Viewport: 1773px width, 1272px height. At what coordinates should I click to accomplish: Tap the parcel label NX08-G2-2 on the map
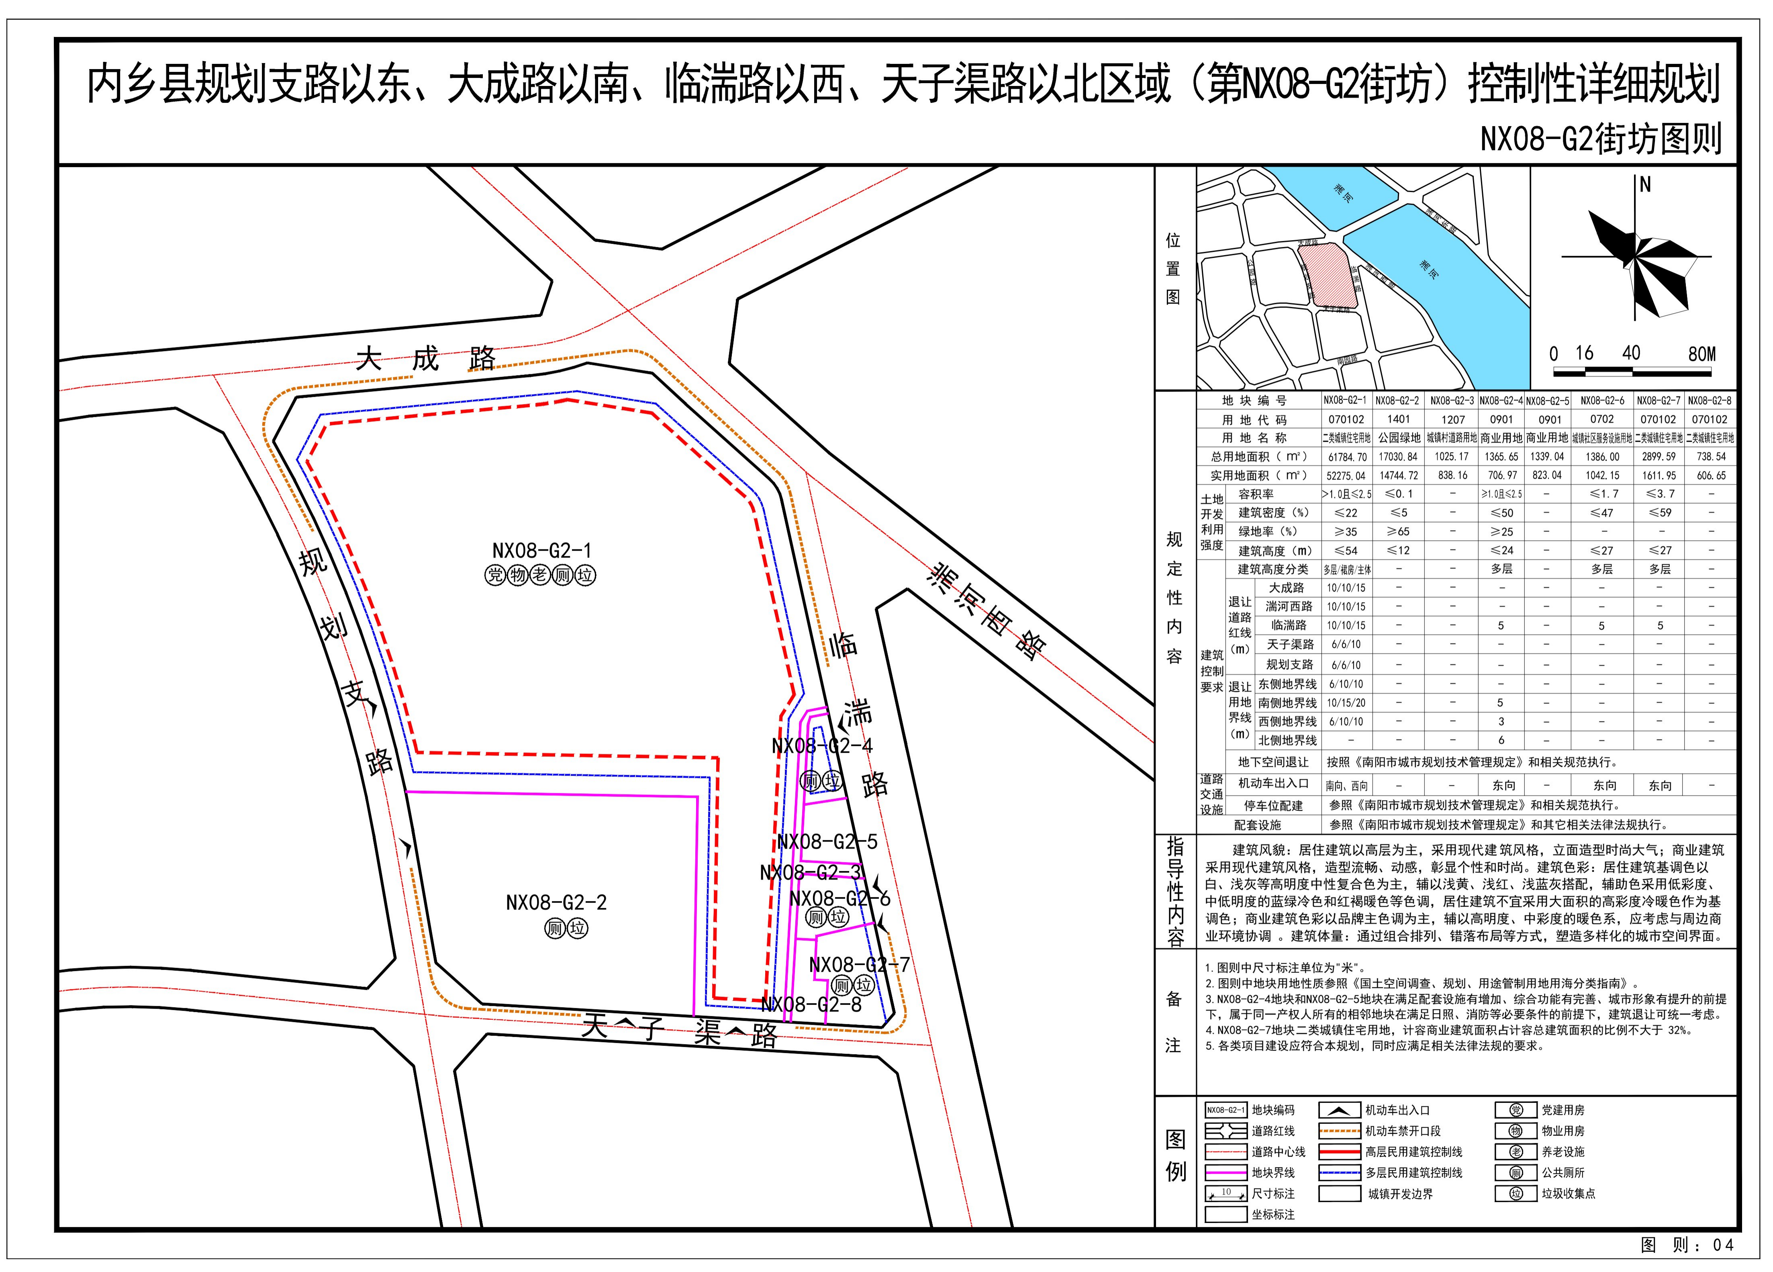[x=556, y=902]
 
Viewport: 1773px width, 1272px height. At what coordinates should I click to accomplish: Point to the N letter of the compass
[x=1645, y=185]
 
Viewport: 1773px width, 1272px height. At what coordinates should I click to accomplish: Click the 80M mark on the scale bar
[x=1702, y=354]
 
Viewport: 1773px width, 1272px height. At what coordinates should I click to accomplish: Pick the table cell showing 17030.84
[x=1399, y=457]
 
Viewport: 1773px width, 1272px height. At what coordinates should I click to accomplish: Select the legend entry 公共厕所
[x=1563, y=1173]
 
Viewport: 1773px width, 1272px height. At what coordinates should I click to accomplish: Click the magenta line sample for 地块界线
[x=1225, y=1173]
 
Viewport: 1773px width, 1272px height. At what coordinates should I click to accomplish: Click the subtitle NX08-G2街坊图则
[x=1601, y=139]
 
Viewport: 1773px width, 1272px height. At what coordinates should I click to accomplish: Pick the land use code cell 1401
[x=1399, y=419]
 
